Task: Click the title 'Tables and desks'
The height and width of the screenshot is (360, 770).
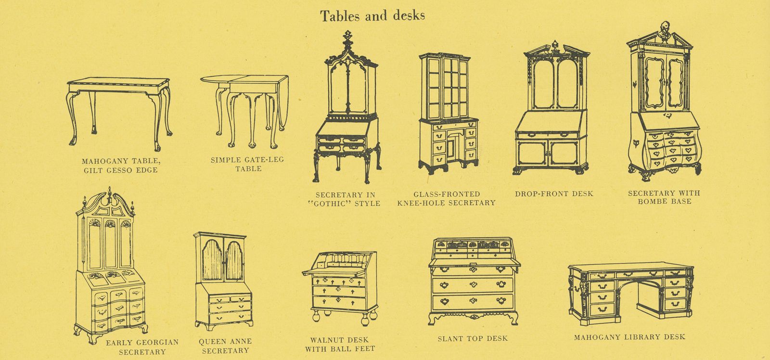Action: tap(372, 16)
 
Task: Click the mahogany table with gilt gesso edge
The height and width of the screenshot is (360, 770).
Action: tap(118, 110)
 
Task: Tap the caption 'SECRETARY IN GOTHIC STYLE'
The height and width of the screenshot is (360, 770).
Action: tap(347, 199)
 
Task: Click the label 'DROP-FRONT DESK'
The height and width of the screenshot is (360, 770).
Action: tap(554, 193)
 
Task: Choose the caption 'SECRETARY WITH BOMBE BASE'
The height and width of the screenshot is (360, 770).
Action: tap(664, 197)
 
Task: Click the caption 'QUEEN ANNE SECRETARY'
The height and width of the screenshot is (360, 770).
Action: tap(225, 346)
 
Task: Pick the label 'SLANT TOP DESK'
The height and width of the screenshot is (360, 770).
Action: tap(472, 338)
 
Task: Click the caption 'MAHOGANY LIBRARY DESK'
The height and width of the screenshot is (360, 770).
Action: tap(629, 337)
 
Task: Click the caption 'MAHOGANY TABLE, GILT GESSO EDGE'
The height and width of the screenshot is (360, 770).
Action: tap(118, 165)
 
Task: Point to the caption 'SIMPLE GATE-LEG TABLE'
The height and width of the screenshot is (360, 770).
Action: tap(248, 164)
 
